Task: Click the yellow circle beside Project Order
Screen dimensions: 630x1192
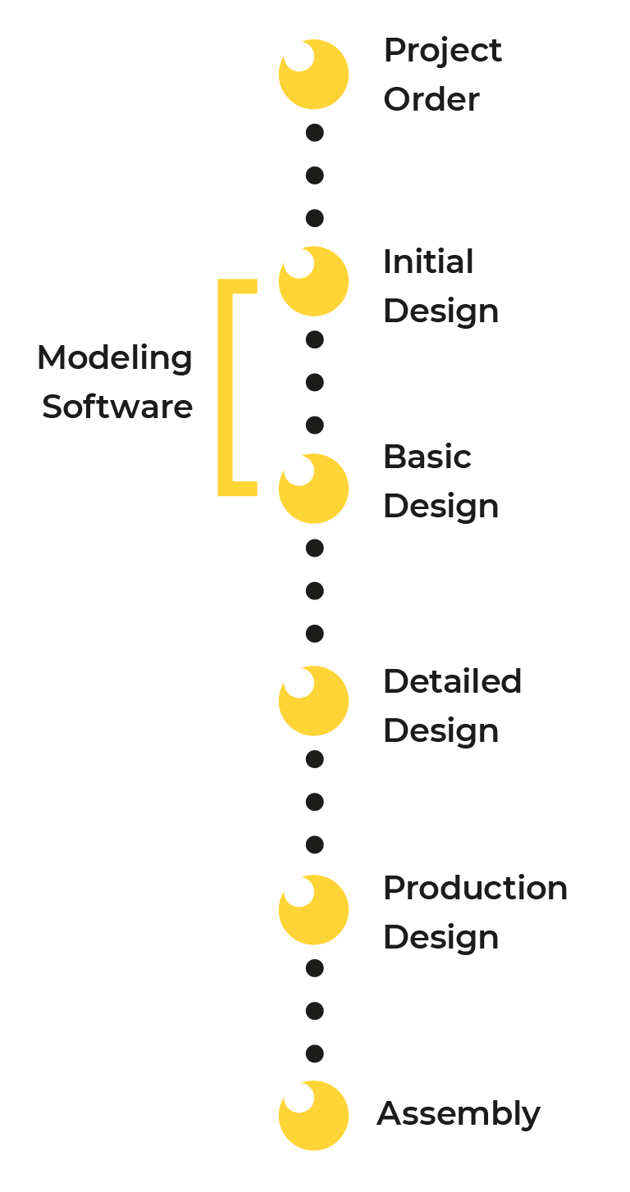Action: [x=313, y=75]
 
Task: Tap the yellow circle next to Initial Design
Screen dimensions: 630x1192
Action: [x=313, y=281]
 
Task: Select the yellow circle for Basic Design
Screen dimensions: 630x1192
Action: [x=313, y=489]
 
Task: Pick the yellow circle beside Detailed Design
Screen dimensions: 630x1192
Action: [x=313, y=701]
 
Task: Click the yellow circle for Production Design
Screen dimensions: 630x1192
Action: [x=313, y=909]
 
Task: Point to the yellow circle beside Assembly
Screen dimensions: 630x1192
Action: [x=313, y=1116]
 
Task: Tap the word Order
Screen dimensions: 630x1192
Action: [x=431, y=99]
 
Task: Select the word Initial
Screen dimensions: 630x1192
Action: [x=428, y=262]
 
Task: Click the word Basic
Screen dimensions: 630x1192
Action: [x=427, y=457]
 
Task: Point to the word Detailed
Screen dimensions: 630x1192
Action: [x=452, y=681]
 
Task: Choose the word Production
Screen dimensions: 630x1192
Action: [x=475, y=888]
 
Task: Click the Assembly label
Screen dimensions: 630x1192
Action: [x=459, y=1115]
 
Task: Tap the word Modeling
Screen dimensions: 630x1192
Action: [x=115, y=359]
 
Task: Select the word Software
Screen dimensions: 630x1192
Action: [x=117, y=407]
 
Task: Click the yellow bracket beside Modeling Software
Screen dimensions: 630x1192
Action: [x=226, y=388]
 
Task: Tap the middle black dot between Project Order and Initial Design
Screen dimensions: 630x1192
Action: [x=315, y=175]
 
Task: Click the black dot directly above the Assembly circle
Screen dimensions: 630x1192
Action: [x=315, y=1053]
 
